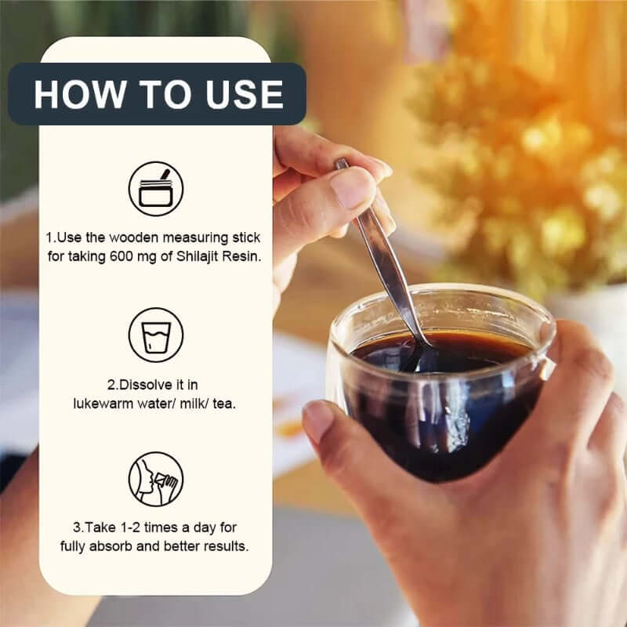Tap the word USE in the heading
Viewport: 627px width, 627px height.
point(245,94)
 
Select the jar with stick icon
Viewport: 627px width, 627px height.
point(156,189)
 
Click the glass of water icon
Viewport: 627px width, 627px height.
point(156,335)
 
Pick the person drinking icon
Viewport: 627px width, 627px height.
point(156,480)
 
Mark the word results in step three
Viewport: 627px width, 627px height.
point(229,545)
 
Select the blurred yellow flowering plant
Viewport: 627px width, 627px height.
point(533,141)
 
